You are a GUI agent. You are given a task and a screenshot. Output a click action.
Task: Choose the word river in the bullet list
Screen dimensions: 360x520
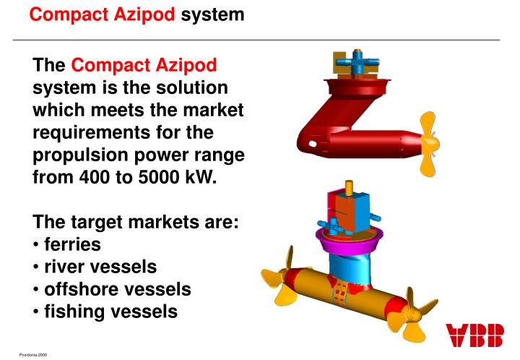pyautogui.click(x=66, y=267)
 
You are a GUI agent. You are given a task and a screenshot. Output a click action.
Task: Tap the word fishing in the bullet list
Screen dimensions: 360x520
pyautogui.click(x=76, y=313)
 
